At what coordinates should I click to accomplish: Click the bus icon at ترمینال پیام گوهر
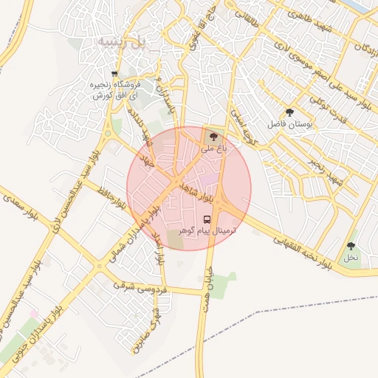pos(207,219)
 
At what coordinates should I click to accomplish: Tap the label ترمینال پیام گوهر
pos(207,231)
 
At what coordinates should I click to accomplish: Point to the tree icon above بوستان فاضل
pos(289,113)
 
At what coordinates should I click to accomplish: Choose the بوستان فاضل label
pos(289,125)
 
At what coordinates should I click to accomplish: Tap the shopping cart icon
pos(114,74)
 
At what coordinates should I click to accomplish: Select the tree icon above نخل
pos(351,246)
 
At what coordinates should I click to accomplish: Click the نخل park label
pos(351,258)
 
